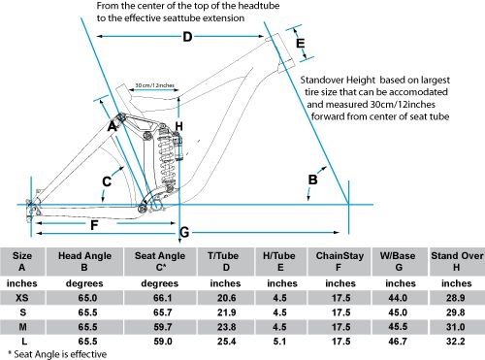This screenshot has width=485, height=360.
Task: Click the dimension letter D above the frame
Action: (187, 37)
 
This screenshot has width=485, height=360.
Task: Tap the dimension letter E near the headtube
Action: (301, 43)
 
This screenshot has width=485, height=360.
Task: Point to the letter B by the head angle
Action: (312, 180)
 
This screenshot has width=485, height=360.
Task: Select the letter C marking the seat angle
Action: (107, 181)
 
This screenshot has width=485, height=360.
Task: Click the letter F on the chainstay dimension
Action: (94, 225)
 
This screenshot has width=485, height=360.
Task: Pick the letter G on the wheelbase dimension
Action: (184, 232)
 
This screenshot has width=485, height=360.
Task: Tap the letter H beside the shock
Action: (178, 126)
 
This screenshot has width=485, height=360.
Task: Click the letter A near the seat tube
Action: (112, 126)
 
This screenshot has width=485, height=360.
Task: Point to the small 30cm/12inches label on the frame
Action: (154, 85)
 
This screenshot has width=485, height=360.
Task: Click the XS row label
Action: (22, 298)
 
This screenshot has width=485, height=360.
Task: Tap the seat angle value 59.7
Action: (163, 327)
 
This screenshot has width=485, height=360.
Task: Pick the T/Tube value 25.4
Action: (226, 342)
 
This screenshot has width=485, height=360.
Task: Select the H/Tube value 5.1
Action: (279, 342)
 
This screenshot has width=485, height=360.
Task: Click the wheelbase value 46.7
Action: (398, 342)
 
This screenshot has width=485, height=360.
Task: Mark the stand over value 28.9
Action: (456, 298)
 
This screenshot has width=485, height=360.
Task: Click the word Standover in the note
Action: (321, 80)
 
